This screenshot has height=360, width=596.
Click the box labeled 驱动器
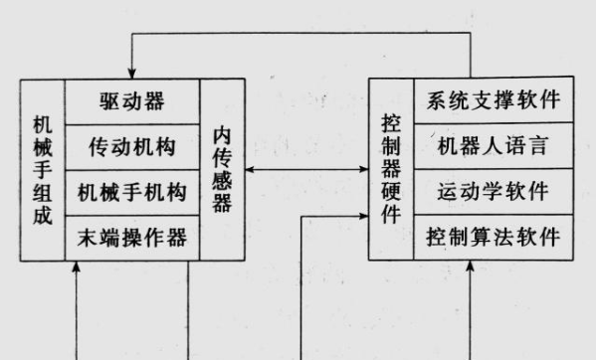(131, 101)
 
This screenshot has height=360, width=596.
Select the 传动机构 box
(131, 147)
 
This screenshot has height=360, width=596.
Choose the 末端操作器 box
(131, 239)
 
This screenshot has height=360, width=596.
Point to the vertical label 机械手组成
(42, 170)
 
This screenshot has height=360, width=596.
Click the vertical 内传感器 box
(222, 170)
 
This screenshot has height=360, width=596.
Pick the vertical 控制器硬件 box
(390, 170)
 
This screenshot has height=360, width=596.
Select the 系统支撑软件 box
(493, 101)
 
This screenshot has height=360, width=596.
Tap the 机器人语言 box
(493, 147)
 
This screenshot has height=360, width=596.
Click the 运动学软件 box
(493, 192)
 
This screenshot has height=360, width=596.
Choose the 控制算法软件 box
(493, 238)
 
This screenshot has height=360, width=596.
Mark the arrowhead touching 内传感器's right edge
(249, 170)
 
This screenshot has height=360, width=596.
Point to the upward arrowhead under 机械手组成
(77, 268)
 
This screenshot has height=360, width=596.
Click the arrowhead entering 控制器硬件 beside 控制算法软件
(363, 216)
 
